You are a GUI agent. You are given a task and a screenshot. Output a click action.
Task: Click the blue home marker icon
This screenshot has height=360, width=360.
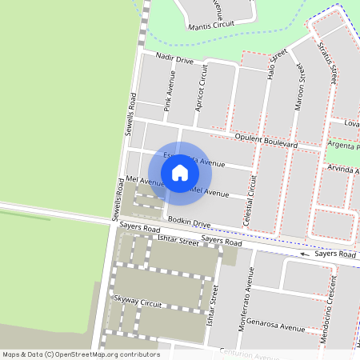[180, 172]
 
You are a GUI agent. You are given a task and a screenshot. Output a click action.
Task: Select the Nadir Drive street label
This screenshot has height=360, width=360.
[174, 58]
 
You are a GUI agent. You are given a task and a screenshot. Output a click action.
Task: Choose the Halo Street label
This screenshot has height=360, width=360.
[272, 65]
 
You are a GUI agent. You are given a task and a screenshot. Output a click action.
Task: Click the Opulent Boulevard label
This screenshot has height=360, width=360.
[261, 141]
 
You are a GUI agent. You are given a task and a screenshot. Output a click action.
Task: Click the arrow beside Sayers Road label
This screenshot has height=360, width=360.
[303, 254]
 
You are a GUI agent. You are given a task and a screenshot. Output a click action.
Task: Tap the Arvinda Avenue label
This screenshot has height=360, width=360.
[344, 170]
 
